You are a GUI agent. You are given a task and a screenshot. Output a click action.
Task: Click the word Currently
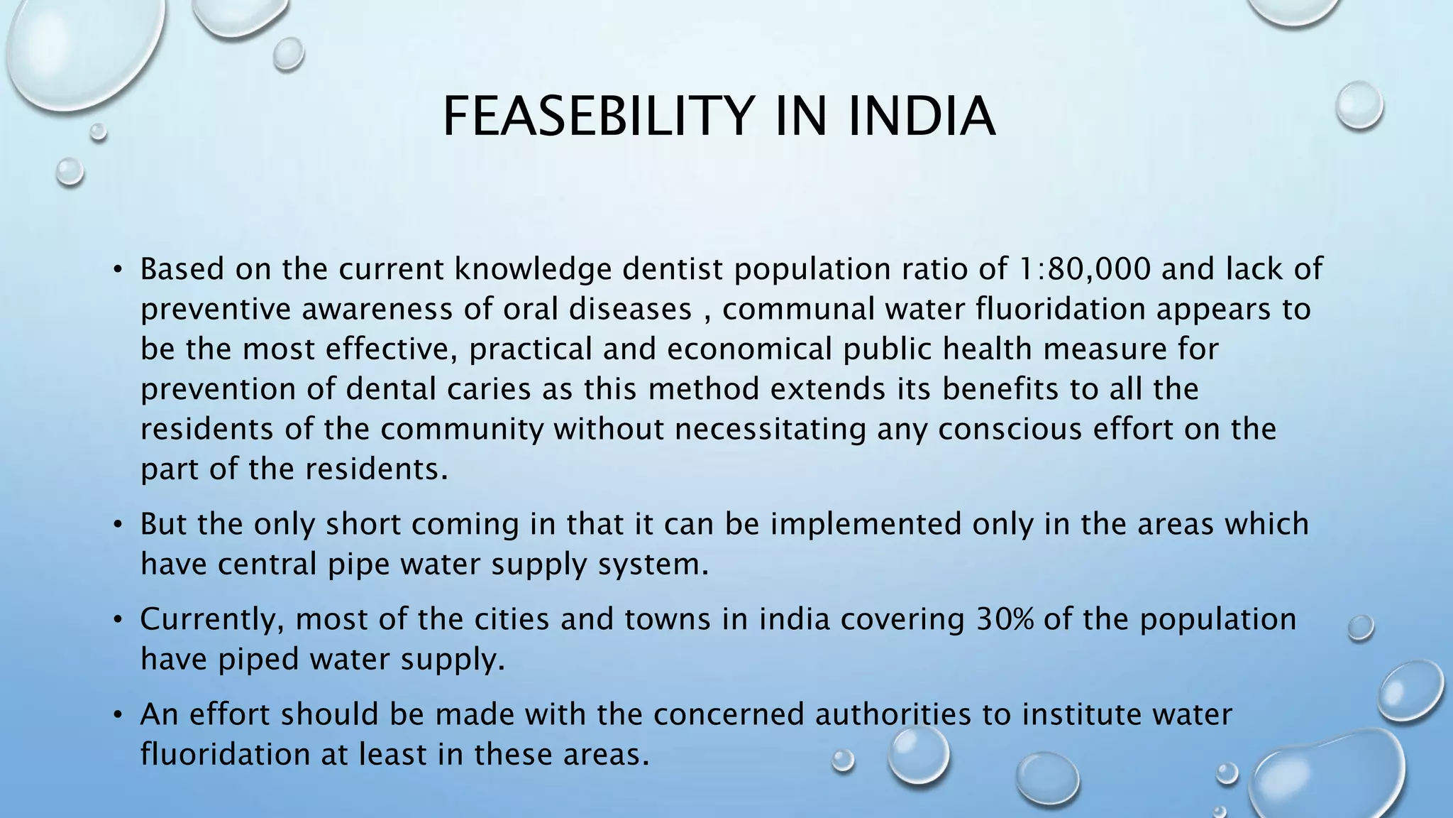(213, 619)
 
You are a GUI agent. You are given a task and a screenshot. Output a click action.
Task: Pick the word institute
(1081, 714)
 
